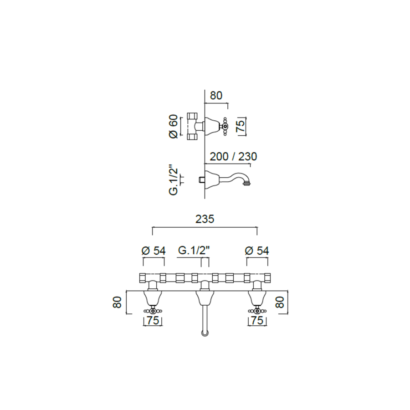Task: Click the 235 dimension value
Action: [x=205, y=219]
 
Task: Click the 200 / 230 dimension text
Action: [x=233, y=157]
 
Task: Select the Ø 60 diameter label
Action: [x=173, y=127]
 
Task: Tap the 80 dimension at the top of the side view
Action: [x=216, y=96]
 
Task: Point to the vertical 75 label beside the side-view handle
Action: [x=241, y=126]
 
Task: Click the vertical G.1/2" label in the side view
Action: [x=173, y=180]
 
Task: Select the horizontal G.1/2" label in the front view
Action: [x=193, y=250]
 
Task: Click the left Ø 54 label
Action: [x=154, y=250]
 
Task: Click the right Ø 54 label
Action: [x=257, y=250]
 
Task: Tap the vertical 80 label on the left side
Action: [x=117, y=302]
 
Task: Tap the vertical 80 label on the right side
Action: [x=280, y=302]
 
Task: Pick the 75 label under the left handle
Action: [x=153, y=321]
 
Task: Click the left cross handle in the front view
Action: [x=153, y=311]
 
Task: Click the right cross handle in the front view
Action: [x=256, y=311]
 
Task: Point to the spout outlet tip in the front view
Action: [x=205, y=334]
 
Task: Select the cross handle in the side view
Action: [x=225, y=126]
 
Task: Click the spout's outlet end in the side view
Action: [x=248, y=183]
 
